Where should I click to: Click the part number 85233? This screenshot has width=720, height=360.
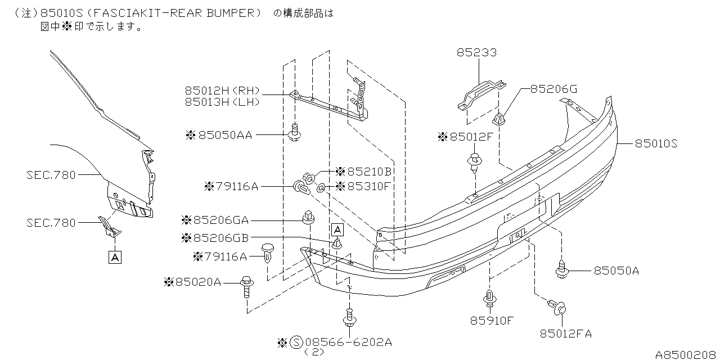tap(476, 53)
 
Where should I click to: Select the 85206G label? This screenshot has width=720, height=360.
tap(553, 89)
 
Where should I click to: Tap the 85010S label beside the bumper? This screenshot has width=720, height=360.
tap(656, 143)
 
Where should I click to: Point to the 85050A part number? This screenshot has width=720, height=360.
tap(616, 271)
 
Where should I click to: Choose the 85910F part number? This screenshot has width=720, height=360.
tap(492, 321)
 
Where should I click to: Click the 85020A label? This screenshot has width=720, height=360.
tap(197, 282)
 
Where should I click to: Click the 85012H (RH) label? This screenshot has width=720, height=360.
tap(222, 91)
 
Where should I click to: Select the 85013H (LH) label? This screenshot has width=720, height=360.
tap(222, 102)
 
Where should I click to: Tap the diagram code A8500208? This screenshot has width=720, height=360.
tap(686, 354)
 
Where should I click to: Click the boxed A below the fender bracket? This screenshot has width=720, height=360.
tap(115, 258)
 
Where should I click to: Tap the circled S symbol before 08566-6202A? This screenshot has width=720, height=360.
tap(297, 342)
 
